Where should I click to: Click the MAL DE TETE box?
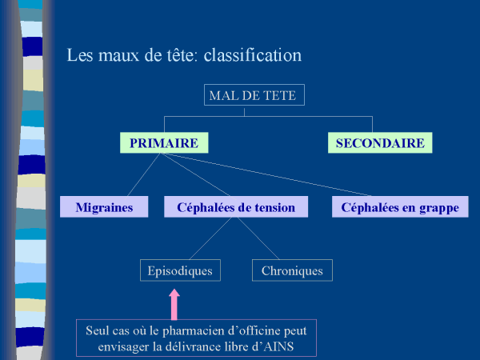(252, 95)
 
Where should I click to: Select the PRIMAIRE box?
(164, 143)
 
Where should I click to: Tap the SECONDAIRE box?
(380, 143)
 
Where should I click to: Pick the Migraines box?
(104, 207)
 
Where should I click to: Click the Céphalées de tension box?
(230, 207)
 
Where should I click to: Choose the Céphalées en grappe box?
(399, 207)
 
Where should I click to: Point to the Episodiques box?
(180, 270)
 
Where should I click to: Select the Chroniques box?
(292, 270)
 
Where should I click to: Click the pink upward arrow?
(175, 305)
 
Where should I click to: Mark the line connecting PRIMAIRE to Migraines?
(135, 174)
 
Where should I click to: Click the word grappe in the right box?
(438, 207)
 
